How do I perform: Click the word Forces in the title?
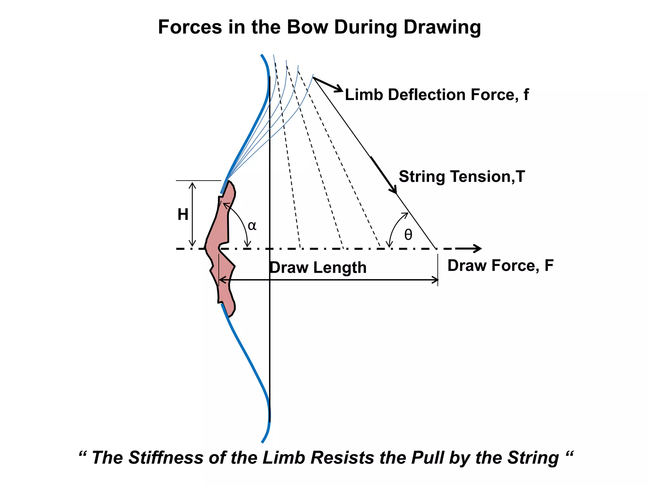[190, 27]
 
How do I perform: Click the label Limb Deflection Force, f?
[437, 95]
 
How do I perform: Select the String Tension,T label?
[462, 177]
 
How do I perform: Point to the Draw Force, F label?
[500, 265]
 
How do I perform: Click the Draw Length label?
[318, 268]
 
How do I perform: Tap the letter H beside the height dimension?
[183, 215]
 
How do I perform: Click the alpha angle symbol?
[252, 226]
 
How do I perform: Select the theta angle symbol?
[408, 235]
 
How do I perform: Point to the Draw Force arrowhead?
[478, 248]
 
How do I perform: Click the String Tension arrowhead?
[394, 190]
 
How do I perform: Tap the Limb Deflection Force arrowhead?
[340, 90]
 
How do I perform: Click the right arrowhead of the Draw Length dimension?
[436, 280]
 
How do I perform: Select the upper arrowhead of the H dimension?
[192, 184]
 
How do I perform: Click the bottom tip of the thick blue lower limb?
[262, 442]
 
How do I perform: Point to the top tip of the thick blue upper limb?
[262, 55]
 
